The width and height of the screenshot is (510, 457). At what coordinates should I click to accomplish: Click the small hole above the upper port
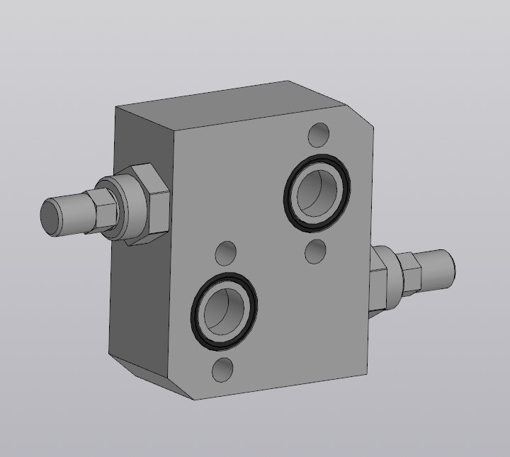point(319,133)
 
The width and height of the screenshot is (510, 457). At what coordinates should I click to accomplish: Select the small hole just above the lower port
point(226,252)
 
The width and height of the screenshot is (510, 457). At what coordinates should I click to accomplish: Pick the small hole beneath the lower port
point(223,370)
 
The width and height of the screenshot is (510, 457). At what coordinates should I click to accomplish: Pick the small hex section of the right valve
point(411,273)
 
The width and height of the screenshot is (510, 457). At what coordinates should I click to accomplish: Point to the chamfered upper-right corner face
point(359,117)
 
